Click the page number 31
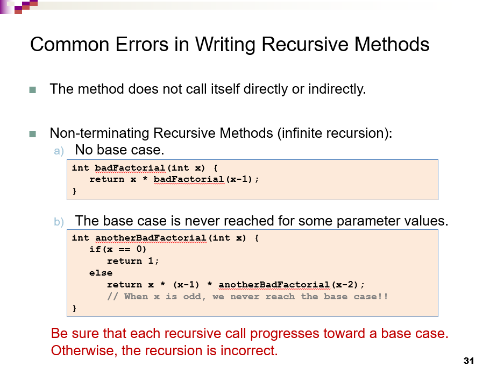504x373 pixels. tap(468, 361)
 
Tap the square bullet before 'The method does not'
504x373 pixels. tap(32, 89)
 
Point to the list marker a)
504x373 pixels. tap(59, 151)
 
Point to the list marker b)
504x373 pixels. tap(59, 222)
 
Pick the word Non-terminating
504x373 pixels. tap(100, 133)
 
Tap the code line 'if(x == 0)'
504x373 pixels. tap(118, 249)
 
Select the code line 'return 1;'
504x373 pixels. tap(133, 261)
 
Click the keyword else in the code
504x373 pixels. tap(101, 273)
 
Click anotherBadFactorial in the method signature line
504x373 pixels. tap(151, 237)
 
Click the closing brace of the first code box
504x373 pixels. tap(74, 191)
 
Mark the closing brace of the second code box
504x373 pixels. tap(74, 308)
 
